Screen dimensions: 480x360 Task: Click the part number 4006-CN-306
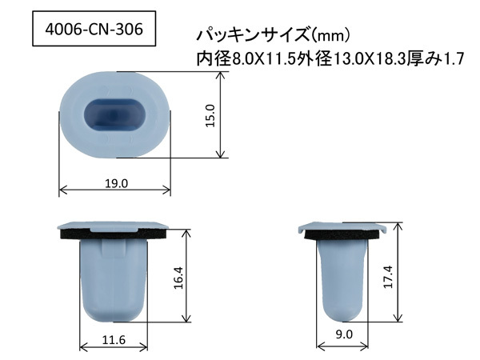[x=94, y=30]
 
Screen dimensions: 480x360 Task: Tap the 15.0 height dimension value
[x=211, y=115]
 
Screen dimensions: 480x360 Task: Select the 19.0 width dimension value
[x=116, y=184]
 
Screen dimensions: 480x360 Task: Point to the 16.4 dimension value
[x=178, y=278]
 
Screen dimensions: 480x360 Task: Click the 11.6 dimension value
[x=114, y=340]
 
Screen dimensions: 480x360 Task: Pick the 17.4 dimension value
[x=388, y=277]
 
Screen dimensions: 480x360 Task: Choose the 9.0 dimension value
[x=344, y=334]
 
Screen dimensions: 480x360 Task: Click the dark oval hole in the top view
[x=114, y=115]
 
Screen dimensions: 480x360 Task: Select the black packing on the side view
[x=342, y=234]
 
